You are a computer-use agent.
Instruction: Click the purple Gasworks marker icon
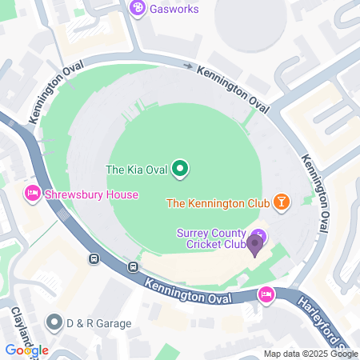coord(137,8)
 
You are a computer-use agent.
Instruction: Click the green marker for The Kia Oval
coord(181,169)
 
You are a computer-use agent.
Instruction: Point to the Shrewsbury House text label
coord(92,194)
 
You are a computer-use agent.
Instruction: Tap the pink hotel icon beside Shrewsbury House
coord(33,194)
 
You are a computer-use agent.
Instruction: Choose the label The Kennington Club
coord(217,203)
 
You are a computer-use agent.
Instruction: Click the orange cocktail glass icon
coord(282,202)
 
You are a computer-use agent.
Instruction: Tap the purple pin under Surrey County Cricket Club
coord(256,242)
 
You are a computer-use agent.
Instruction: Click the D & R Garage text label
coord(98,323)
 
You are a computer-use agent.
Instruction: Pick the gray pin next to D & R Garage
coord(54,322)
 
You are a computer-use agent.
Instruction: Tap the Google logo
coord(26,350)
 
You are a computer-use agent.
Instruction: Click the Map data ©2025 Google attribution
coord(310,354)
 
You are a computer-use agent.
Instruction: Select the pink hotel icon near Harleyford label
coord(266,295)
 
